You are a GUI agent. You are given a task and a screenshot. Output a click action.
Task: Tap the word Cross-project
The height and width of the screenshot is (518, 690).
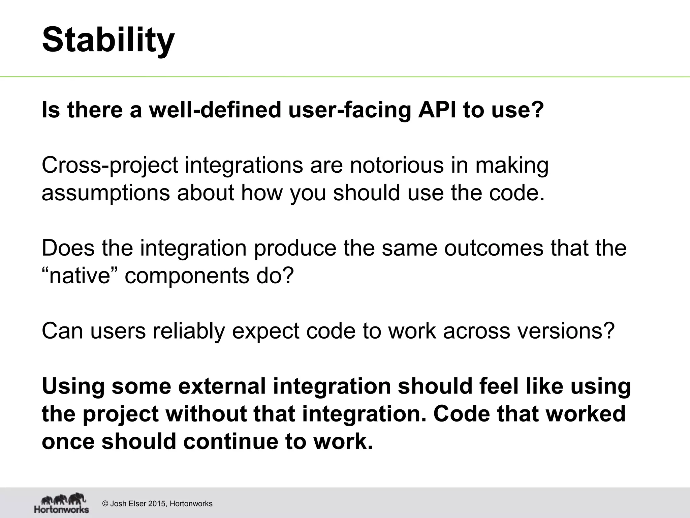point(109,166)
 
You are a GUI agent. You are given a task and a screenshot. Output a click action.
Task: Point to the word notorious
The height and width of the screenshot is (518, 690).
point(397,165)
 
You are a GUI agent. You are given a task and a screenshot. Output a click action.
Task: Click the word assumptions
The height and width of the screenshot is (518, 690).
point(105,194)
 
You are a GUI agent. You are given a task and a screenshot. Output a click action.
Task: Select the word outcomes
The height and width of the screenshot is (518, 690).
point(494,248)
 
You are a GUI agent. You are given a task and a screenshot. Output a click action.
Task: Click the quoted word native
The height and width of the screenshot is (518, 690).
point(80,276)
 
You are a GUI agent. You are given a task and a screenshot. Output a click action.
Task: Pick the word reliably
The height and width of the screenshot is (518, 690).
point(188,331)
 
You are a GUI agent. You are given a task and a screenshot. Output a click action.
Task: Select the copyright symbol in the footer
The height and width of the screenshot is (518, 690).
point(105,504)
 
